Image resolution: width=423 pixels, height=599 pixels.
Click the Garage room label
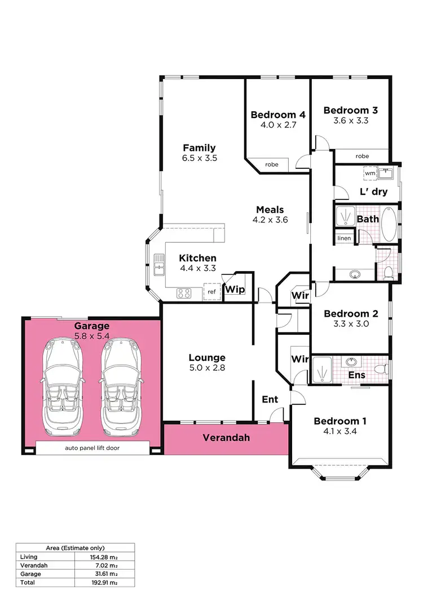pos(91,326)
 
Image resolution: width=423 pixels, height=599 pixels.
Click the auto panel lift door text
pos(92,448)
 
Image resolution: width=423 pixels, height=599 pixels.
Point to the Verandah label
pos(226,438)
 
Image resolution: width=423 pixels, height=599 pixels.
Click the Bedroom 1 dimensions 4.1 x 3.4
pos(340,431)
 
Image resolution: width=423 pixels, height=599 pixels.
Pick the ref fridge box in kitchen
pos(211,291)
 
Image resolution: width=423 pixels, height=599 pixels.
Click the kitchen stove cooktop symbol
pos(184,293)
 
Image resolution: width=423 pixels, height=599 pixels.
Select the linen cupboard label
pos(344,238)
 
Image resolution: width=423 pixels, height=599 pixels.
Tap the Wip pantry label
pos(235,290)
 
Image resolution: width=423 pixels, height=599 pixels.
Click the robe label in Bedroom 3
pos(362,156)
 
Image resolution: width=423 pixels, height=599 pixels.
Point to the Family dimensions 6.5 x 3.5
pos(199,158)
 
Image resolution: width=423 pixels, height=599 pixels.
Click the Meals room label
pos(270,209)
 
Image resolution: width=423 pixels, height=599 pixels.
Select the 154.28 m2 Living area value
pos(104,557)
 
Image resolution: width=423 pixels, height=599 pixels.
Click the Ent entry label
pos(270,399)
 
